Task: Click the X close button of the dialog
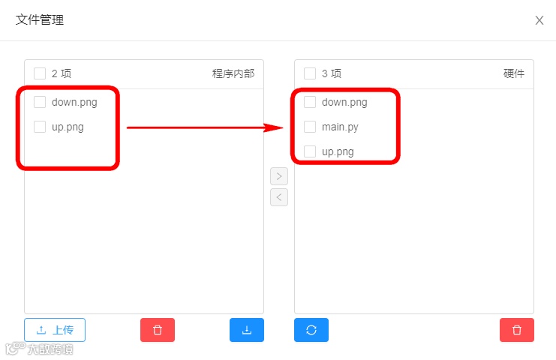(539, 20)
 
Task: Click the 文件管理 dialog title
(40, 20)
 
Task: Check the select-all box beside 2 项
(40, 73)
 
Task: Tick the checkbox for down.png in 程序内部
(40, 102)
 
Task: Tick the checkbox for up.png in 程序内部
(40, 127)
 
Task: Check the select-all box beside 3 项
(310, 73)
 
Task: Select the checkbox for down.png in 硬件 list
(310, 102)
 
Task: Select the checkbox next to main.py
(310, 127)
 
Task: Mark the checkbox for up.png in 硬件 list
(310, 151)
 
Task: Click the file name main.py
(340, 127)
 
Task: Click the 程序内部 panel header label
(233, 73)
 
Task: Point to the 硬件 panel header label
(514, 73)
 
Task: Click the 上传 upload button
(55, 330)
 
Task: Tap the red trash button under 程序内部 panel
(158, 330)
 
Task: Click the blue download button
(247, 330)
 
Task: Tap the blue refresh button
(311, 330)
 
